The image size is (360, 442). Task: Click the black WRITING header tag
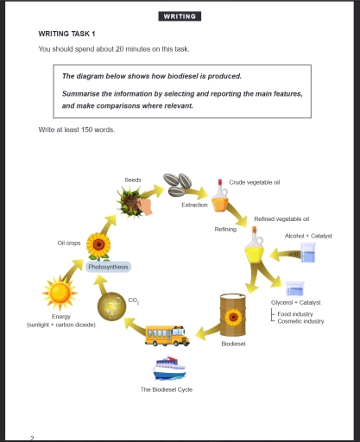coord(180,16)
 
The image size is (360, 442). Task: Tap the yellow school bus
coord(167,334)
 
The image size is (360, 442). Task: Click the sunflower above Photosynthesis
coord(99,246)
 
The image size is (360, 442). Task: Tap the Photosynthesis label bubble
coord(109,267)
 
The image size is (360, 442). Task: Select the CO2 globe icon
coord(112,306)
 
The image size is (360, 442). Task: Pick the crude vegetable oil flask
coord(221,201)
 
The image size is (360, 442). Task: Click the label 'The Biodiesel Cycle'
coord(167,389)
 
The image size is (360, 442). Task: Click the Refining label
coord(225,229)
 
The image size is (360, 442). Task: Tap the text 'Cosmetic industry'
coord(300,320)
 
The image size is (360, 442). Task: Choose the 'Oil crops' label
coord(69,243)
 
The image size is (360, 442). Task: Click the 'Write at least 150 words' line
coord(77,129)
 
